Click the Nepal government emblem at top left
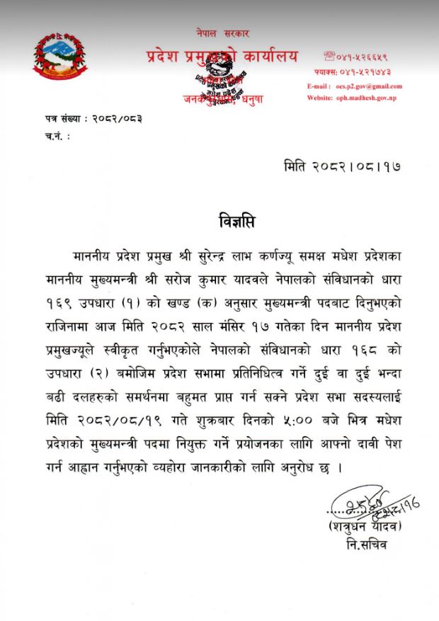pyautogui.click(x=60, y=59)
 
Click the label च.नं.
pyautogui.click(x=52, y=133)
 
